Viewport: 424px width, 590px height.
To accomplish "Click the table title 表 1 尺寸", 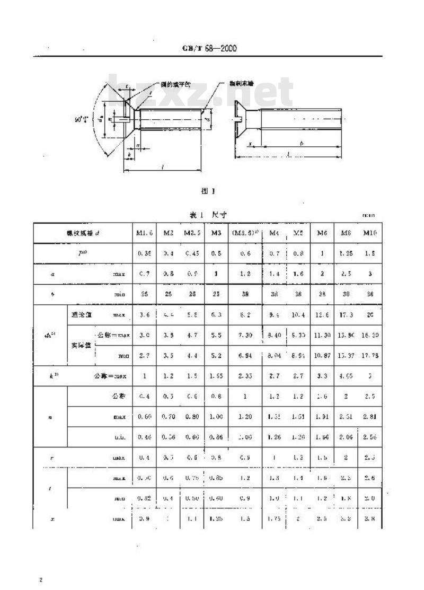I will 208,215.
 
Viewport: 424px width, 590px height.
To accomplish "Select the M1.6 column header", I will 144,233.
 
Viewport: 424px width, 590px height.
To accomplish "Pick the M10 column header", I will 370,233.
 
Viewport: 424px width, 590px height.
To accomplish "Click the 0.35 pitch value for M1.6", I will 144,253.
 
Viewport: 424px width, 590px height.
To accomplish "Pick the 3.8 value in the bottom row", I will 370,518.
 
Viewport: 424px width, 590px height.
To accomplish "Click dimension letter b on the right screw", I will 301,143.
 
